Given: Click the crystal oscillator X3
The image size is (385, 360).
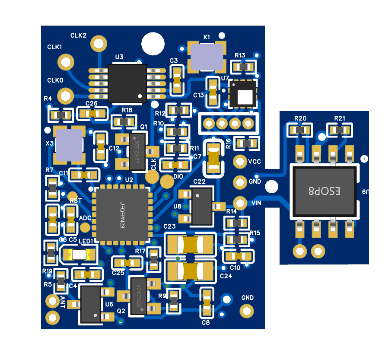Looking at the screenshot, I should (x=69, y=144).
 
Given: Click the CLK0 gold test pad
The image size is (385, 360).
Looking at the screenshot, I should (x=66, y=94).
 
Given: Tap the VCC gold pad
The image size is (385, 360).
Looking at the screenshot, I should (x=240, y=162).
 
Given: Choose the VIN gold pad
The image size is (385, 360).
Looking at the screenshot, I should (x=240, y=202).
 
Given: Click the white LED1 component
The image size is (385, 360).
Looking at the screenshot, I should (x=79, y=254).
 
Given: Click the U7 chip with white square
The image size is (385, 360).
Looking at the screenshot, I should (x=243, y=94).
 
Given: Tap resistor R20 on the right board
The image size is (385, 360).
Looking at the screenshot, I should (x=300, y=130).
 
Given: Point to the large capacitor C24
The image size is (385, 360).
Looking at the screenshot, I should (x=191, y=271).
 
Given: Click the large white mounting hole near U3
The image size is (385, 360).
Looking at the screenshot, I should (x=153, y=44).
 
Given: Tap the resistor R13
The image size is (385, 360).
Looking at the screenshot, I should (x=244, y=67).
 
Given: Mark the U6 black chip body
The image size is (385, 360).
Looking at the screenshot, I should (x=91, y=304).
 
